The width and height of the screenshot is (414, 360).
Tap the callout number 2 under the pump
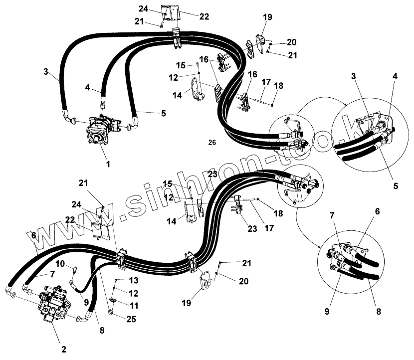coord(63,349)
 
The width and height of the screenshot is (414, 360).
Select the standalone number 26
coord(212,143)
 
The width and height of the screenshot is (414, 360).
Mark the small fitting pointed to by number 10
coord(73,270)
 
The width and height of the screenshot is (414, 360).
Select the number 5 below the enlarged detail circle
coord(396,186)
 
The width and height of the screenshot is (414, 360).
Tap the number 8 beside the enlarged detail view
coord(378,312)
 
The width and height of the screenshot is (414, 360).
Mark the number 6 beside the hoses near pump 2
coord(33,235)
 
